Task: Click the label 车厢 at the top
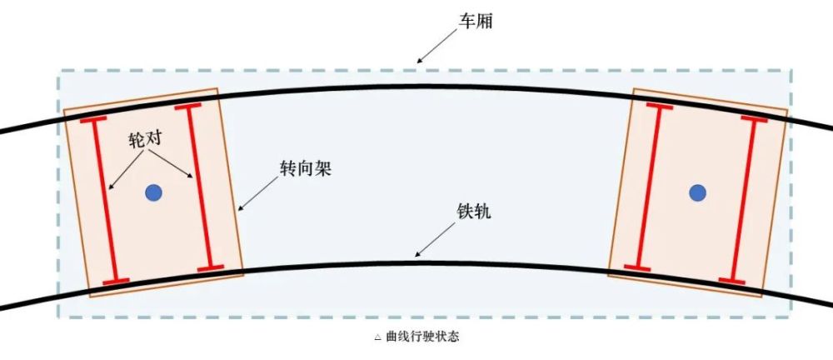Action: [476, 22]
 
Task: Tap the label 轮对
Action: [144, 140]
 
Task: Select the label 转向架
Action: [306, 168]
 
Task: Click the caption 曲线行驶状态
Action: [423, 337]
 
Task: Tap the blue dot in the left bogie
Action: [153, 192]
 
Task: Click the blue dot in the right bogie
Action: [697, 192]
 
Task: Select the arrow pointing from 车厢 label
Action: [436, 47]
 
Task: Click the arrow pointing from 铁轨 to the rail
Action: [435, 239]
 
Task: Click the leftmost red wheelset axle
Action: [104, 200]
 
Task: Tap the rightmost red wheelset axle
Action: [743, 199]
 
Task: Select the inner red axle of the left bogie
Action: [199, 187]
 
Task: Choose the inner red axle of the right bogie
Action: [648, 187]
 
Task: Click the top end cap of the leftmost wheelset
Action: [93, 119]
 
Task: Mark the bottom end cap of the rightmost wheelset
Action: [732, 280]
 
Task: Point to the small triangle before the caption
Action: [377, 337]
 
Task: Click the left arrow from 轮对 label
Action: [126, 170]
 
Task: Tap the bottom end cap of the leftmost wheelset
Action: [116, 281]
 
